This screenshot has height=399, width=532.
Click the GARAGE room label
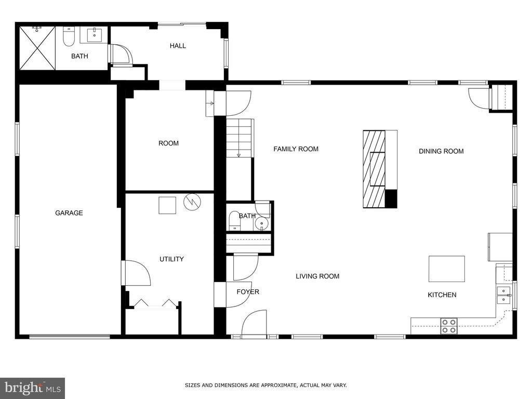(x=69, y=213)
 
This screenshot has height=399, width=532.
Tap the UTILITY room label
(x=171, y=259)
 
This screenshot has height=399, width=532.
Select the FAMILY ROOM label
(x=296, y=149)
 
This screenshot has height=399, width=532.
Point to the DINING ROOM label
(x=441, y=151)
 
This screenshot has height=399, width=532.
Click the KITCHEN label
(x=442, y=295)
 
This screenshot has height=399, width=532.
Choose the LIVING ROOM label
(x=317, y=276)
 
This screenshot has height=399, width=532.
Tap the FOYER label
(x=248, y=292)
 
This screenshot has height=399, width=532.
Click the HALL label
(x=178, y=46)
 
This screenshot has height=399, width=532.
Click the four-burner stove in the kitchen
(x=449, y=326)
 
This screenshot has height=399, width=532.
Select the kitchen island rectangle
(x=446, y=269)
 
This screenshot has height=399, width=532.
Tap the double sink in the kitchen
(x=503, y=295)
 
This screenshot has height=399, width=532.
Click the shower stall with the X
(x=37, y=48)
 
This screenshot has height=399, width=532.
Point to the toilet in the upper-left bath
(x=69, y=36)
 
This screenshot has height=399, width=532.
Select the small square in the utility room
(x=167, y=205)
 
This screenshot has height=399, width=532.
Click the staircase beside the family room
(x=240, y=138)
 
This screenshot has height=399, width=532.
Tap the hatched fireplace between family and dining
(x=375, y=169)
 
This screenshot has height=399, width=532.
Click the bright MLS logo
(x=32, y=388)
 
